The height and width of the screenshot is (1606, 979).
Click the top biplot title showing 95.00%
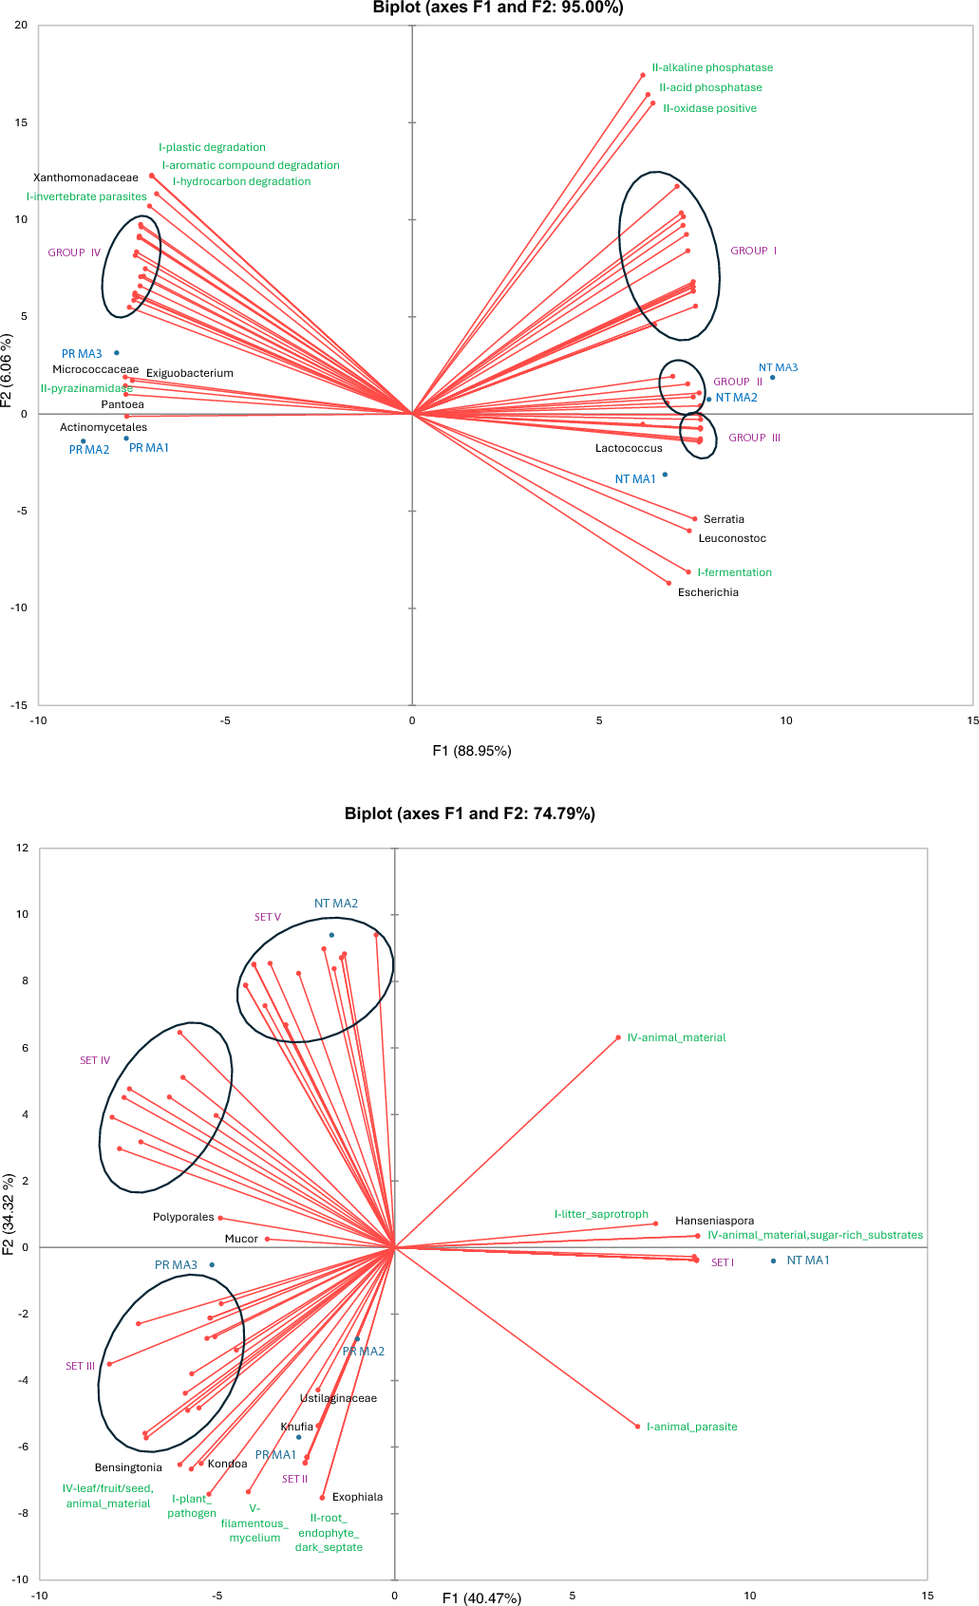point(498,8)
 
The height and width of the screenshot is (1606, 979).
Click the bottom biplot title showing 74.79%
point(470,813)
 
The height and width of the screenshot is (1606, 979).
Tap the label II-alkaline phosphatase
point(712,67)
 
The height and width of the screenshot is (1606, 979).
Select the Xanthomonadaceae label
point(85,177)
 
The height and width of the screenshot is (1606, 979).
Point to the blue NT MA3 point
point(772,378)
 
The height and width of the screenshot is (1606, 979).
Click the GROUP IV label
point(74,252)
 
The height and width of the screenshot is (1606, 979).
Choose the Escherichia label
point(707,592)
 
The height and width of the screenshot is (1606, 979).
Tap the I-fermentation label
point(734,572)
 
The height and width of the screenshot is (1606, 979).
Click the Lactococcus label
point(629,448)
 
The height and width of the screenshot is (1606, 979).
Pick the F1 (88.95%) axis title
point(472,751)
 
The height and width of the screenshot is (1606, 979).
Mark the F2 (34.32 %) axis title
point(9,1214)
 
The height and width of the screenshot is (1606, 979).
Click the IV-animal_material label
point(676,1037)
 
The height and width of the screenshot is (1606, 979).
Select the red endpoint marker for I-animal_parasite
point(638,1427)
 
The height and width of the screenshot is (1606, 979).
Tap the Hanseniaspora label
point(714,1221)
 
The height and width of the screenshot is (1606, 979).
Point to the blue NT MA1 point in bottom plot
point(774,1261)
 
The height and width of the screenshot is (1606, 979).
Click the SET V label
point(268,917)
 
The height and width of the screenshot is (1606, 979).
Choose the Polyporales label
point(183,1217)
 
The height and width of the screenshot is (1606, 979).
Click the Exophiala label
point(357,1497)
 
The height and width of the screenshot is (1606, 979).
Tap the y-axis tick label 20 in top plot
point(21,26)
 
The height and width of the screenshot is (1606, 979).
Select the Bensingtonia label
point(128,1467)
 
